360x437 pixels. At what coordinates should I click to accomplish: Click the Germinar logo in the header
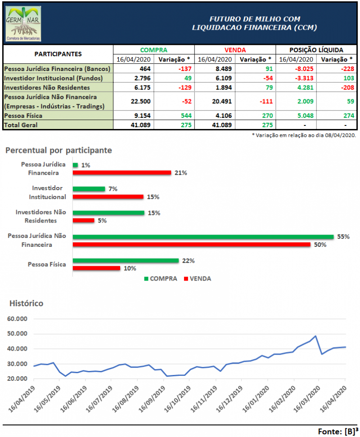tap(23, 24)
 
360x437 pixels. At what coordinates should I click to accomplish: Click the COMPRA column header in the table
tap(153, 50)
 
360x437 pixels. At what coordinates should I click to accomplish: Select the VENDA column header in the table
tap(235, 50)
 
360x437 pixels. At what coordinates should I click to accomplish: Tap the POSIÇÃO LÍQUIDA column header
tap(315, 50)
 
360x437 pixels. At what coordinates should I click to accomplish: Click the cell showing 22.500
tap(133, 101)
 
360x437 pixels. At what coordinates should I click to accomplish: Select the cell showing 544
tap(184, 116)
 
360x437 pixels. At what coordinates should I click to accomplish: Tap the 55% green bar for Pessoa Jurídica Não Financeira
tap(203, 237)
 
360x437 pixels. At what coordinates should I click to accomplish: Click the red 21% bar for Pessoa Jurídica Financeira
tap(121, 172)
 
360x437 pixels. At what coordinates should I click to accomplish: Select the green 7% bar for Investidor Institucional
tap(89, 189)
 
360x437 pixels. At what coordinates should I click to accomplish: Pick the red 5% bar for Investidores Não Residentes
tap(83, 221)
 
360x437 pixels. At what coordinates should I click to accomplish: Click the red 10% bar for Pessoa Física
tap(96, 268)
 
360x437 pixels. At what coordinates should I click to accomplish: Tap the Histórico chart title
tap(27, 303)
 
